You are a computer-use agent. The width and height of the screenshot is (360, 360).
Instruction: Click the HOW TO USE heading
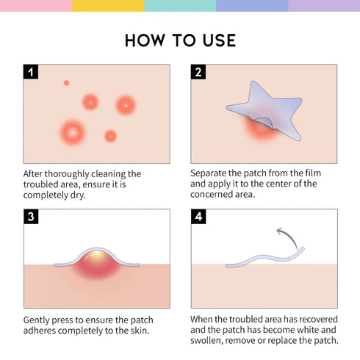pos(180,40)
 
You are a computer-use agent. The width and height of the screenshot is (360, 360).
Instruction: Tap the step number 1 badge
pos(31,72)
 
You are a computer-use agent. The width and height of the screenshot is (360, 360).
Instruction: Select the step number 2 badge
pos(198,72)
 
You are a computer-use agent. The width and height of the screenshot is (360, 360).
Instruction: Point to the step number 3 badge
pos(31,217)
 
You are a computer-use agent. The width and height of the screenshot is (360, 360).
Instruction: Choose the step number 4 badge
pos(198,217)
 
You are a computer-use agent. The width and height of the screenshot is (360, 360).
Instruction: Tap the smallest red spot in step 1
pos(66,83)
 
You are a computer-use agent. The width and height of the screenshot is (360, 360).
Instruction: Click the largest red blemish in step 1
pos(72,132)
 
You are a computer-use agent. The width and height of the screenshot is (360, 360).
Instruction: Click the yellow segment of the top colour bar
pos(108,5)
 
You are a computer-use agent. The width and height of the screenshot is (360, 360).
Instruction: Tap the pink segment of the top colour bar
pos(35,5)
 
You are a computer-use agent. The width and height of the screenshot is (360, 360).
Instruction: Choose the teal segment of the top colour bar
pos(180,5)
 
